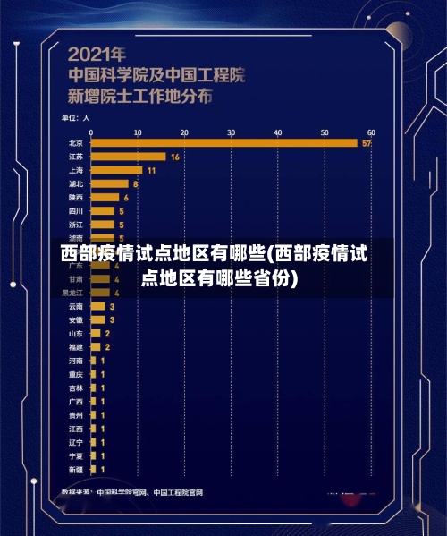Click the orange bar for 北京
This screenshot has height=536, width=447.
pyautogui.click(x=223, y=142)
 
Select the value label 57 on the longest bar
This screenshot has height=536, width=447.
pyautogui.click(x=367, y=143)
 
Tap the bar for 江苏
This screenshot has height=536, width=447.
pyautogui.click(x=128, y=156)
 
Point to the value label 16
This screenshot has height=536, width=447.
pyautogui.click(x=174, y=157)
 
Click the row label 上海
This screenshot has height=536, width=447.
pyautogui.click(x=76, y=170)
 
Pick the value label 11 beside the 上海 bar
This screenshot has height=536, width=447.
pyautogui.click(x=151, y=170)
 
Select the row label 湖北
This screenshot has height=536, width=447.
pyautogui.click(x=76, y=183)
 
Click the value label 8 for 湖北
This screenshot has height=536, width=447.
pyautogui.click(x=136, y=183)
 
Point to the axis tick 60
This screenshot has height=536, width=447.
pyautogui.click(x=371, y=132)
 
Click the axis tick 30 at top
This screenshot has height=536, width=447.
pyautogui.click(x=231, y=132)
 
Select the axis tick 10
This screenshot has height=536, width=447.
pyautogui.click(x=137, y=132)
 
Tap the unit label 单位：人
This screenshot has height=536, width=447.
pyautogui.click(x=76, y=116)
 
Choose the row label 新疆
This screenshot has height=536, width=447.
pyautogui.click(x=76, y=470)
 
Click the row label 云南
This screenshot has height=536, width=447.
pyautogui.click(x=76, y=306)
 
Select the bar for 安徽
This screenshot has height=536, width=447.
pyautogui.click(x=97, y=319)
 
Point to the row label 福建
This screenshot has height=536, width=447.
pyautogui.click(x=76, y=346)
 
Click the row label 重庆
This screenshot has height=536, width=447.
pyautogui.click(x=76, y=374)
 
